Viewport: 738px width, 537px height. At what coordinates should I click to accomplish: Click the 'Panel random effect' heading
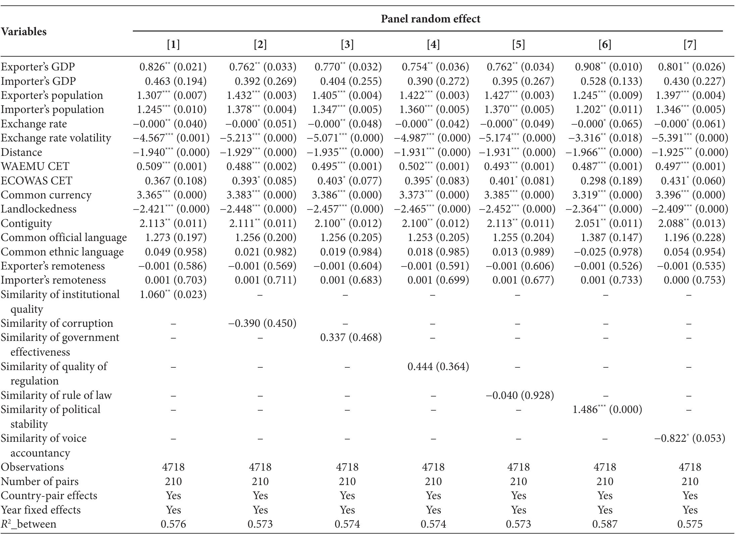click(430, 19)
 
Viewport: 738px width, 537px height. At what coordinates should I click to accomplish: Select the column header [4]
click(433, 44)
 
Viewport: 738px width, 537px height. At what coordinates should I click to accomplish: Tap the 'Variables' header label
click(23, 32)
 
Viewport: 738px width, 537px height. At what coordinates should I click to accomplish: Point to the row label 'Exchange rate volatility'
click(56, 138)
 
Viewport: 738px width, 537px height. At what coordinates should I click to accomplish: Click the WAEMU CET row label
click(35, 166)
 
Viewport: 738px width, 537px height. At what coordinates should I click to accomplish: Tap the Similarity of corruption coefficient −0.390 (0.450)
click(262, 323)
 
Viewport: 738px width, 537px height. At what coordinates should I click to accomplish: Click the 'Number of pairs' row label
click(40, 481)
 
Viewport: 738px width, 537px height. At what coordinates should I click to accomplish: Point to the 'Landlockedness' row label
click(39, 209)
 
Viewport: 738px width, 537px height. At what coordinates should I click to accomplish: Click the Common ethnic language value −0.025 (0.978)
click(608, 252)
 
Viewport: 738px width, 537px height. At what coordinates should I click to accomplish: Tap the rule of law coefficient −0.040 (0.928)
click(520, 395)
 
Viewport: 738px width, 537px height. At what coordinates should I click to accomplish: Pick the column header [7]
click(690, 44)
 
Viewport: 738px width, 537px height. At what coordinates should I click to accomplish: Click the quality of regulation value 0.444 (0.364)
click(438, 366)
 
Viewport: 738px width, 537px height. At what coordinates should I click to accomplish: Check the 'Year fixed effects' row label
click(41, 510)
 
